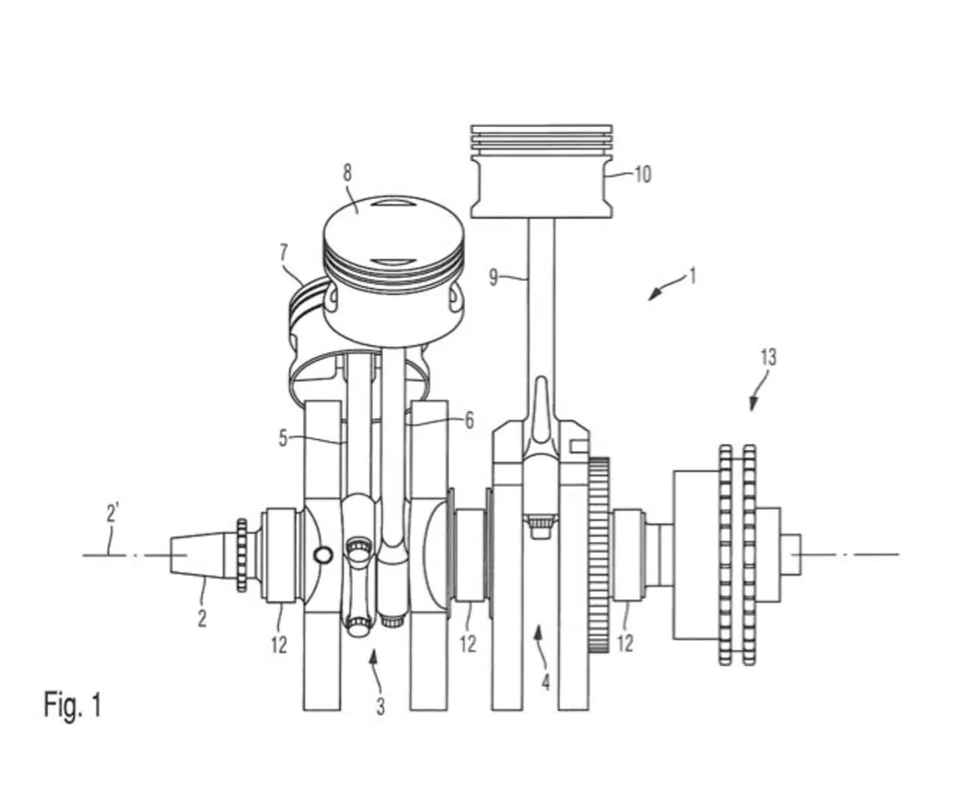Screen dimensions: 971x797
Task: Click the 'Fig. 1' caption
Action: pyautogui.click(x=72, y=704)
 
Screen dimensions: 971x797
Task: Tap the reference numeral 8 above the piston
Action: pyautogui.click(x=347, y=172)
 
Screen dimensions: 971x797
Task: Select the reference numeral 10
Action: pyautogui.click(x=643, y=175)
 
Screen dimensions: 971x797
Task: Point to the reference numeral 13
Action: pyautogui.click(x=769, y=358)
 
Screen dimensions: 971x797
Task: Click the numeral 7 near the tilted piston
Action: pyautogui.click(x=283, y=252)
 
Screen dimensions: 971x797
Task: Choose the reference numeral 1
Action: pyautogui.click(x=692, y=276)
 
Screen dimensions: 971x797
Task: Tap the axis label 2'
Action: pyautogui.click(x=112, y=513)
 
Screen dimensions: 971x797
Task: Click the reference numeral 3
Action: pyautogui.click(x=380, y=706)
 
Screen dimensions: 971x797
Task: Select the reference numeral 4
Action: pyautogui.click(x=545, y=682)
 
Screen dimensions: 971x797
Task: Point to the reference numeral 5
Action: pyautogui.click(x=283, y=438)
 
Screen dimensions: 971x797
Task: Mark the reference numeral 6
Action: pyautogui.click(x=469, y=421)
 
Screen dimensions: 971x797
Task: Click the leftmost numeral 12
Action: pyautogui.click(x=279, y=645)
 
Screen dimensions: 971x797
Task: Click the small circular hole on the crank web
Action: pyautogui.click(x=323, y=555)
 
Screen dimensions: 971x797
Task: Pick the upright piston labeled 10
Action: pyautogui.click(x=541, y=171)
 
